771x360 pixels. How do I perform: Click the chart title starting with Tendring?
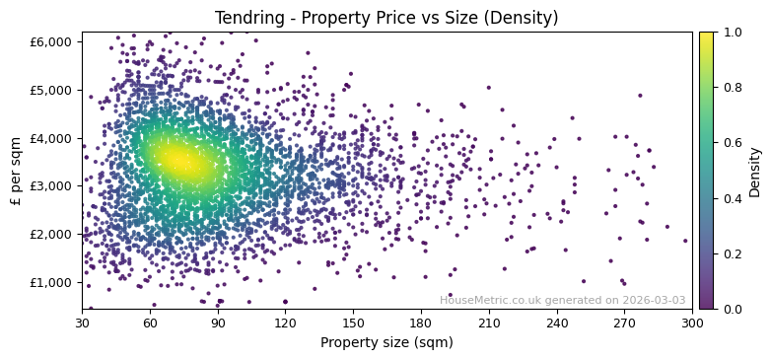coord(386,18)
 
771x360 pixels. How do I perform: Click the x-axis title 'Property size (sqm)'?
coord(386,343)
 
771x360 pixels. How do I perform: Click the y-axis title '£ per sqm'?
coord(16,171)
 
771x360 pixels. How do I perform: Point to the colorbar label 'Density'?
coord(755,172)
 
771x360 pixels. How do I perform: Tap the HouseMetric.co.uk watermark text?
coord(562,300)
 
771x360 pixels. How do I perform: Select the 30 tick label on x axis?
coord(82,324)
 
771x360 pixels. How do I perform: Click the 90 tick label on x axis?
coord(218,324)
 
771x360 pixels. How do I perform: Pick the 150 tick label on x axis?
coord(353,324)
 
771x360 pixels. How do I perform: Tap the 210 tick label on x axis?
coord(489,324)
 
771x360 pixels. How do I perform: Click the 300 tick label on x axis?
coord(692,324)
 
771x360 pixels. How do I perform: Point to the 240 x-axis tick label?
coord(557,324)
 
